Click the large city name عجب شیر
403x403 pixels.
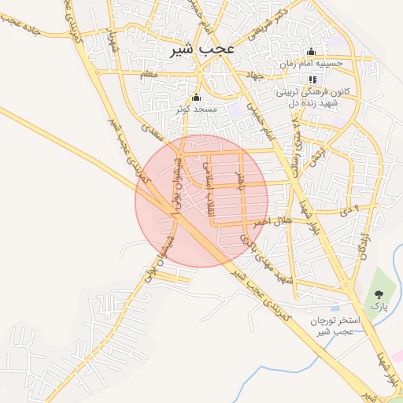pyautogui.click(x=203, y=50)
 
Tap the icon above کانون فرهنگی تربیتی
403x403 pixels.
pyautogui.click(x=312, y=79)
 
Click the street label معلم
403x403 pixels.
pyautogui.click(x=147, y=74)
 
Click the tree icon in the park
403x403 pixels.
pyautogui.click(x=379, y=294)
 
